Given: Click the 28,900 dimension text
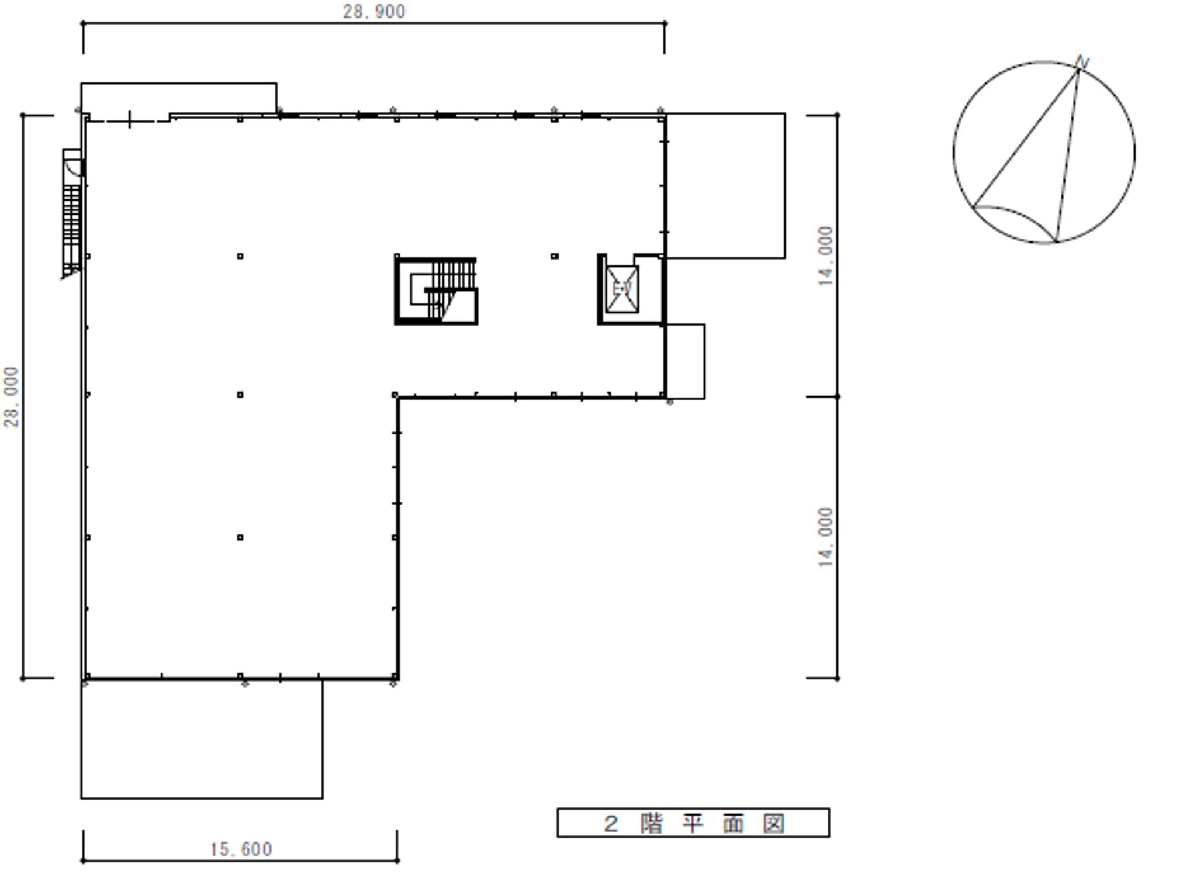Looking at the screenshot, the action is [x=373, y=11].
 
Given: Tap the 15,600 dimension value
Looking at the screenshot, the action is [x=241, y=849].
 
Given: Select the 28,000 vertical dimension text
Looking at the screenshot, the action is [x=11, y=397].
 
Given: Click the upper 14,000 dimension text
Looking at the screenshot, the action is [x=825, y=255].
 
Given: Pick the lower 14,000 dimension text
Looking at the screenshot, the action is [x=825, y=537].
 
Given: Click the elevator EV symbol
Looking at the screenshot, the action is [x=622, y=289].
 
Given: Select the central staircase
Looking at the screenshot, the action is [x=436, y=290].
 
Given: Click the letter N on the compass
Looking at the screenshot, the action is [x=1082, y=62].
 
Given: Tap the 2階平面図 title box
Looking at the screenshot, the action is [x=693, y=823].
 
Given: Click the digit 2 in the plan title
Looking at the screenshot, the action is [x=611, y=824].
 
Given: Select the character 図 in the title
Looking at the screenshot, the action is [x=774, y=824].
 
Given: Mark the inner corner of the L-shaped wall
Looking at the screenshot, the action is [x=397, y=398].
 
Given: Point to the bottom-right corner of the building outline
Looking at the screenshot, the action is [x=397, y=679].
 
